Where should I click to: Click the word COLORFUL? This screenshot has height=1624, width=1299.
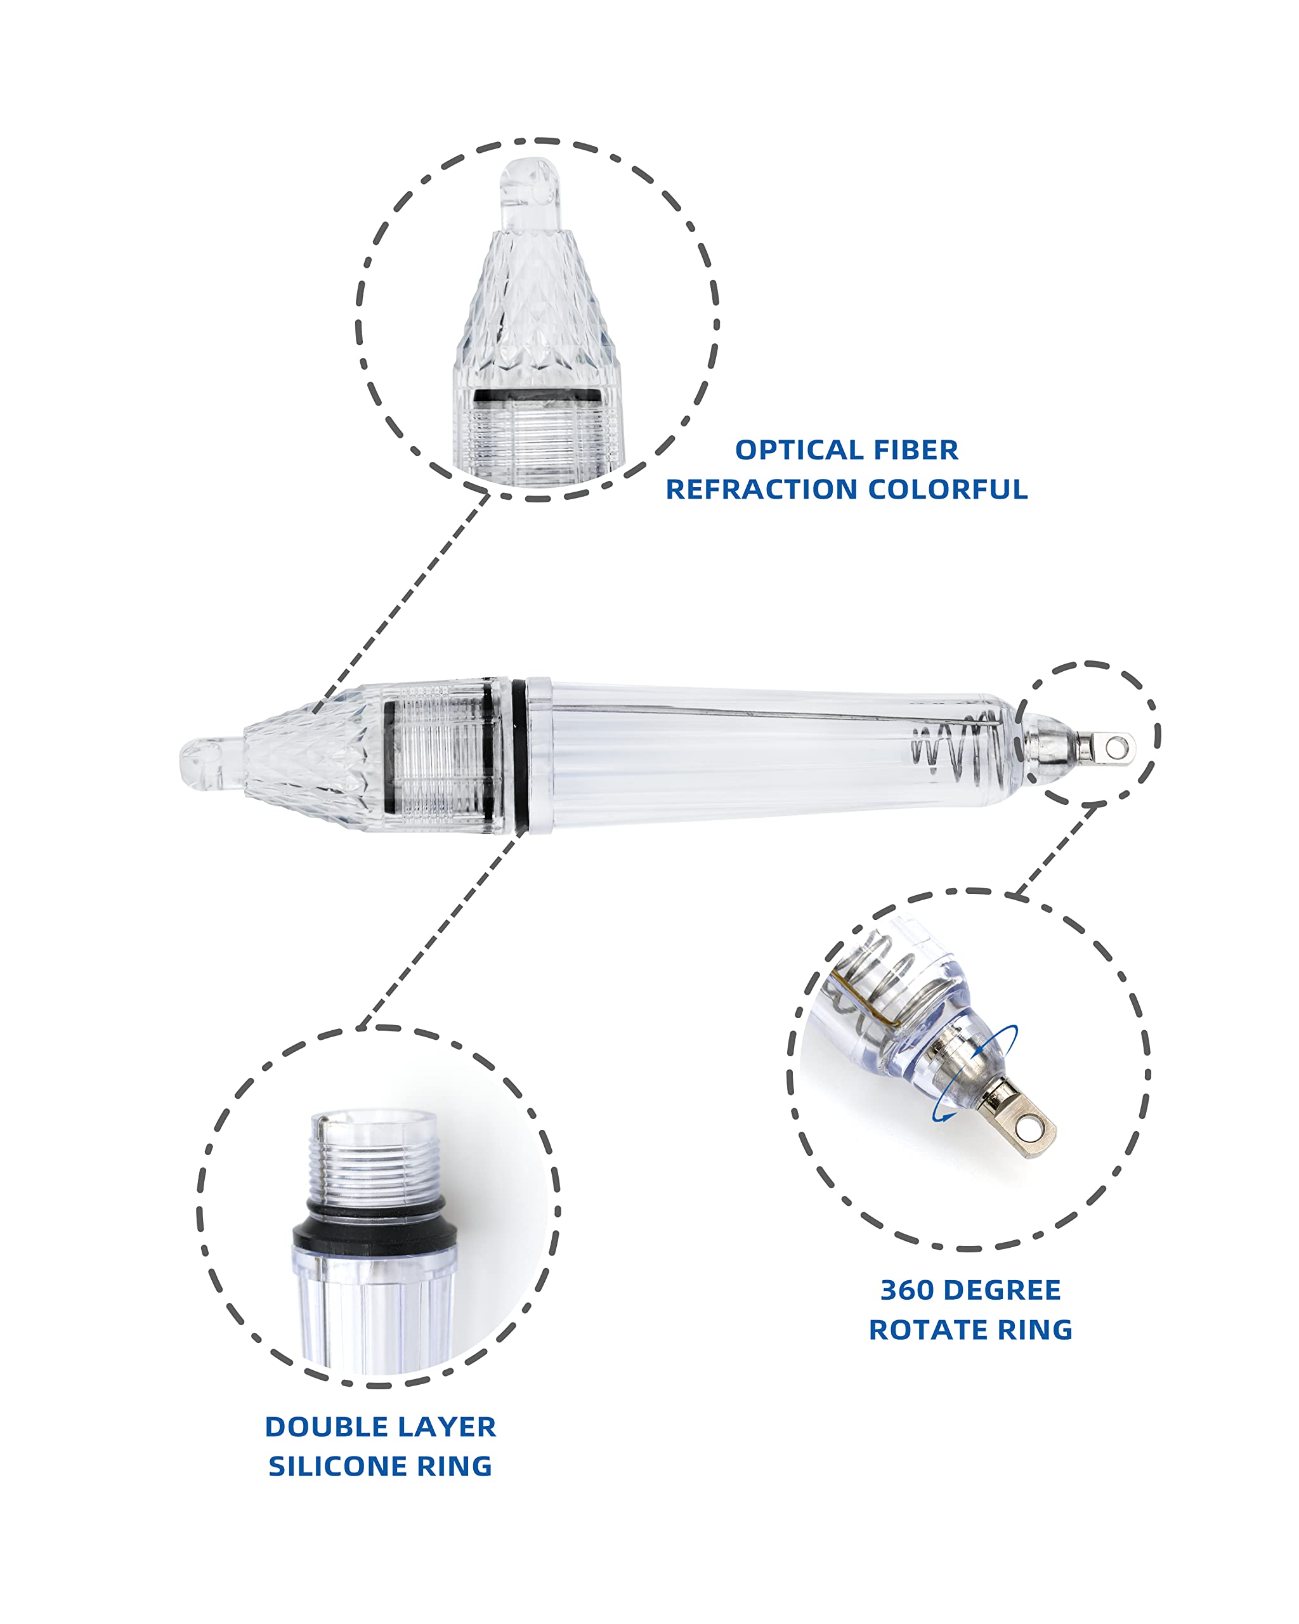[948, 490]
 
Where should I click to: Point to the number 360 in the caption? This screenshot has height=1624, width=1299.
[906, 1290]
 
